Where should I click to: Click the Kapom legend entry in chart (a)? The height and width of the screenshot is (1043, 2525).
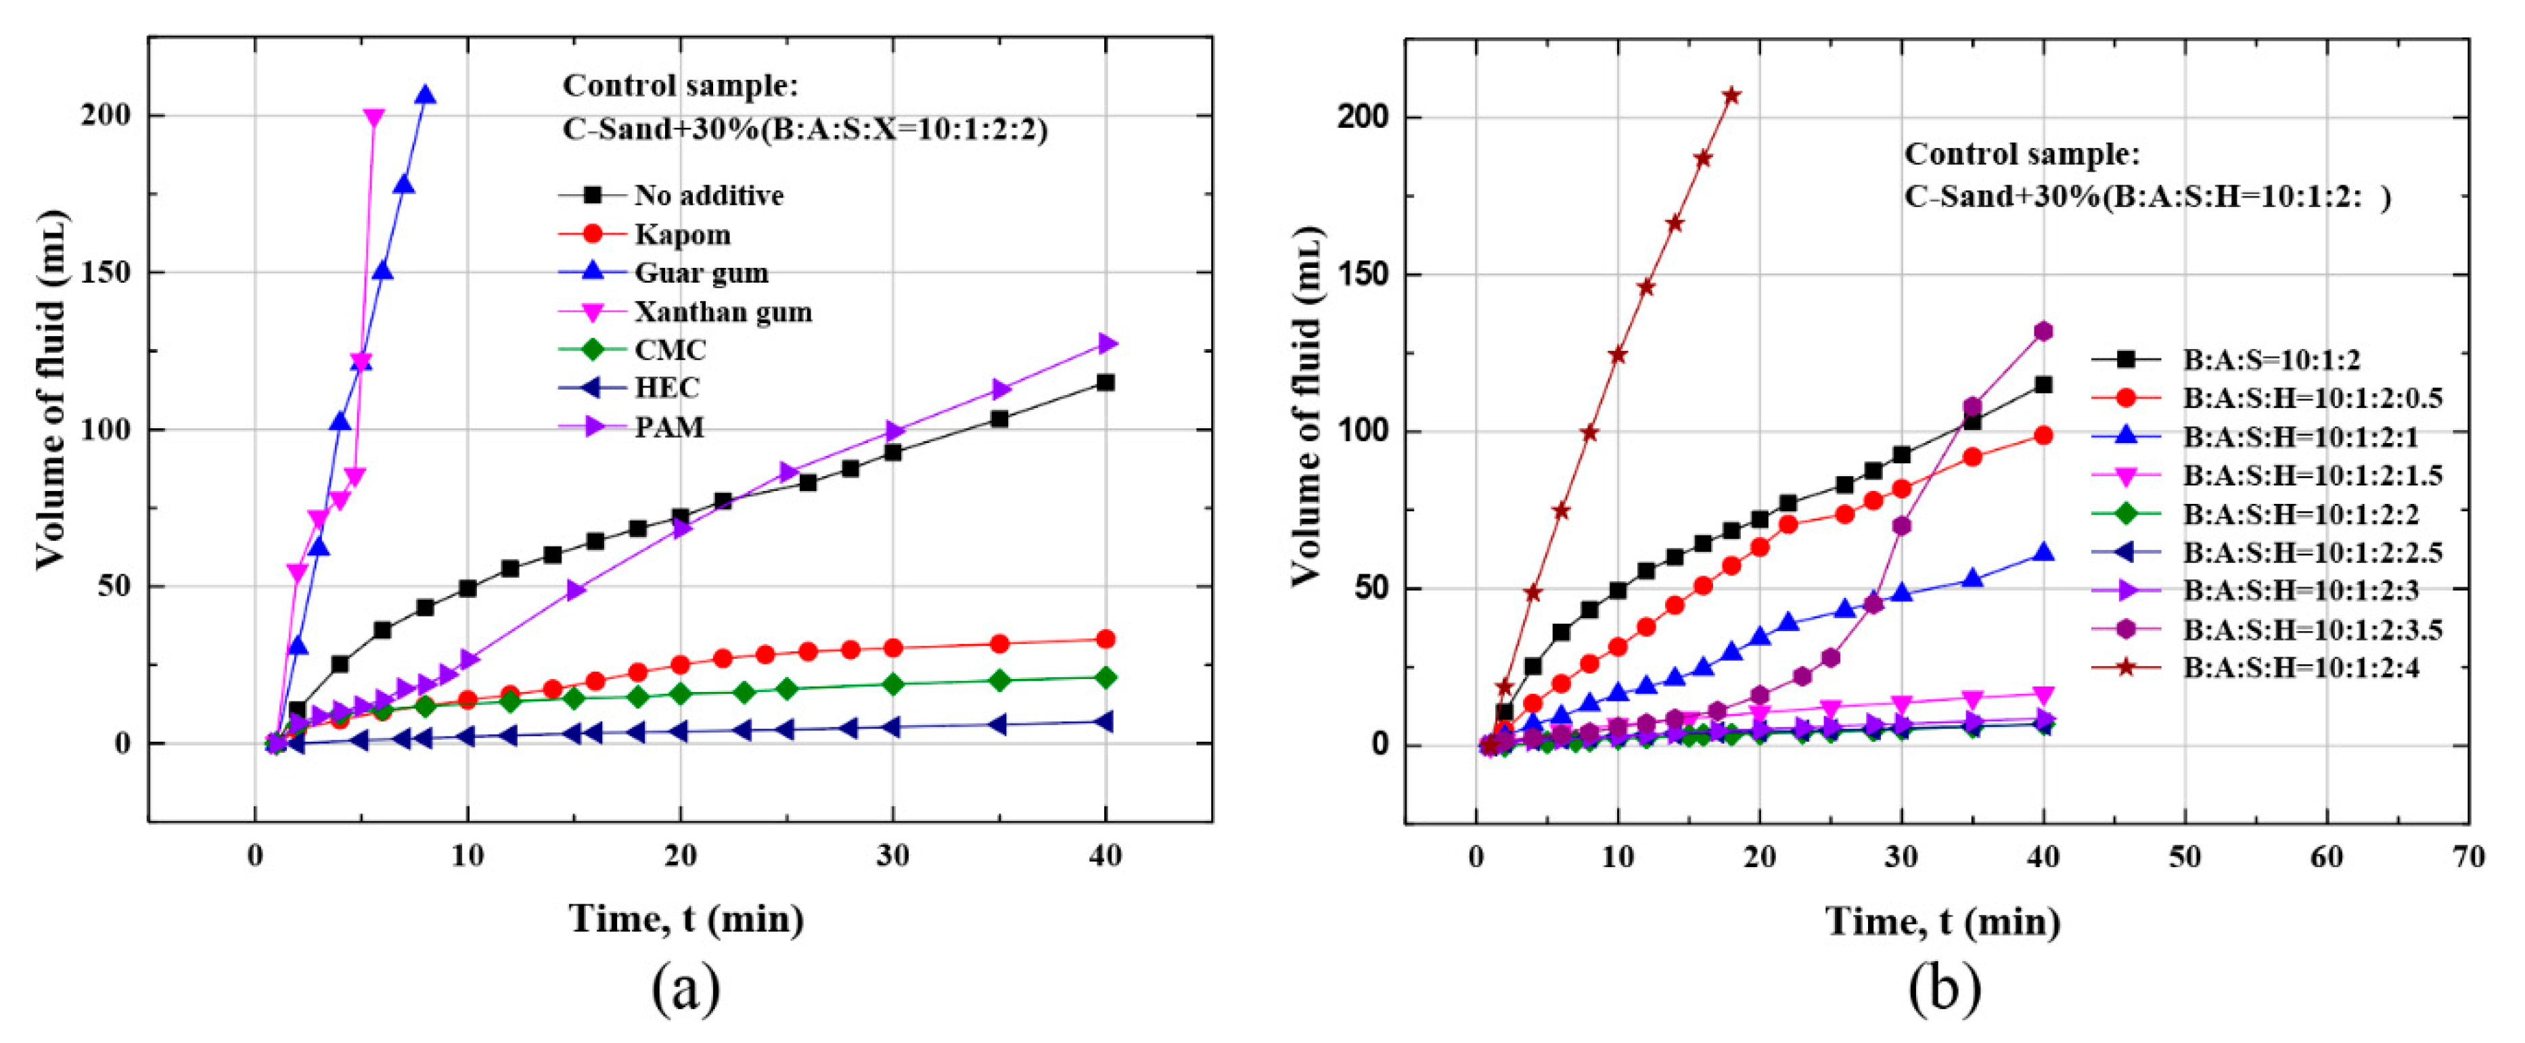[x=681, y=234]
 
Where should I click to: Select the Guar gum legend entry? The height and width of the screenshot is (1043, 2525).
[x=701, y=273]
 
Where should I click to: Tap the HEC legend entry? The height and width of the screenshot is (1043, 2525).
[x=666, y=388]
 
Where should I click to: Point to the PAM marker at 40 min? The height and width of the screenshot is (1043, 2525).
[x=1107, y=343]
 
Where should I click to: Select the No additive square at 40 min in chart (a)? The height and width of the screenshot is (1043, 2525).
[x=1106, y=382]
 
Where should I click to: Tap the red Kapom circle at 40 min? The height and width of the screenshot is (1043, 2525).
[x=1106, y=639]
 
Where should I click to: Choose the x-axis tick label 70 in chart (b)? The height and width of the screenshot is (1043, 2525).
[x=2467, y=858]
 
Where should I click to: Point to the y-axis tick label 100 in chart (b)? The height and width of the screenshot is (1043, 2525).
[x=1363, y=432]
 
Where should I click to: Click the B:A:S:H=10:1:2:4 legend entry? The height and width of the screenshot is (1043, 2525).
[x=2311, y=668]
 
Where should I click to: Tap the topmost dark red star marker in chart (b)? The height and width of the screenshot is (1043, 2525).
[x=1732, y=95]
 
